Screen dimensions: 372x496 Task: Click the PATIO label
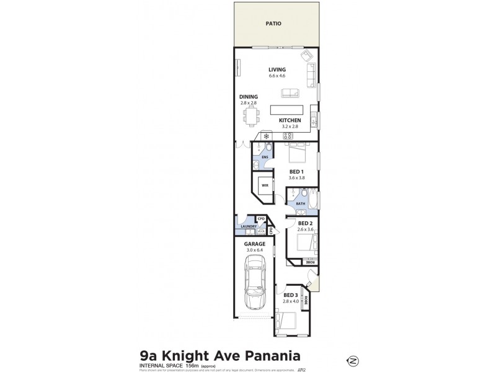(x=273, y=24)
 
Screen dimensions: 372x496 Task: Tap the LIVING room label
(x=277, y=69)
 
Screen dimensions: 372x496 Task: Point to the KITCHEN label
(x=290, y=120)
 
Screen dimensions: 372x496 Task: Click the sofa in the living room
(x=290, y=93)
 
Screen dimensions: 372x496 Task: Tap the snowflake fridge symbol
(x=266, y=136)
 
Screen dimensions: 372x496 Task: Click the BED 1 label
(x=296, y=171)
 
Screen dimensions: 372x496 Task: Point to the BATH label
(x=300, y=203)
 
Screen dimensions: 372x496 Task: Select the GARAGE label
(x=254, y=244)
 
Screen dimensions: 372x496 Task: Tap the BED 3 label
(x=290, y=295)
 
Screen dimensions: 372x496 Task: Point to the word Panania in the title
(x=270, y=356)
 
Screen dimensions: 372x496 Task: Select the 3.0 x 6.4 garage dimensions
(x=254, y=250)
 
